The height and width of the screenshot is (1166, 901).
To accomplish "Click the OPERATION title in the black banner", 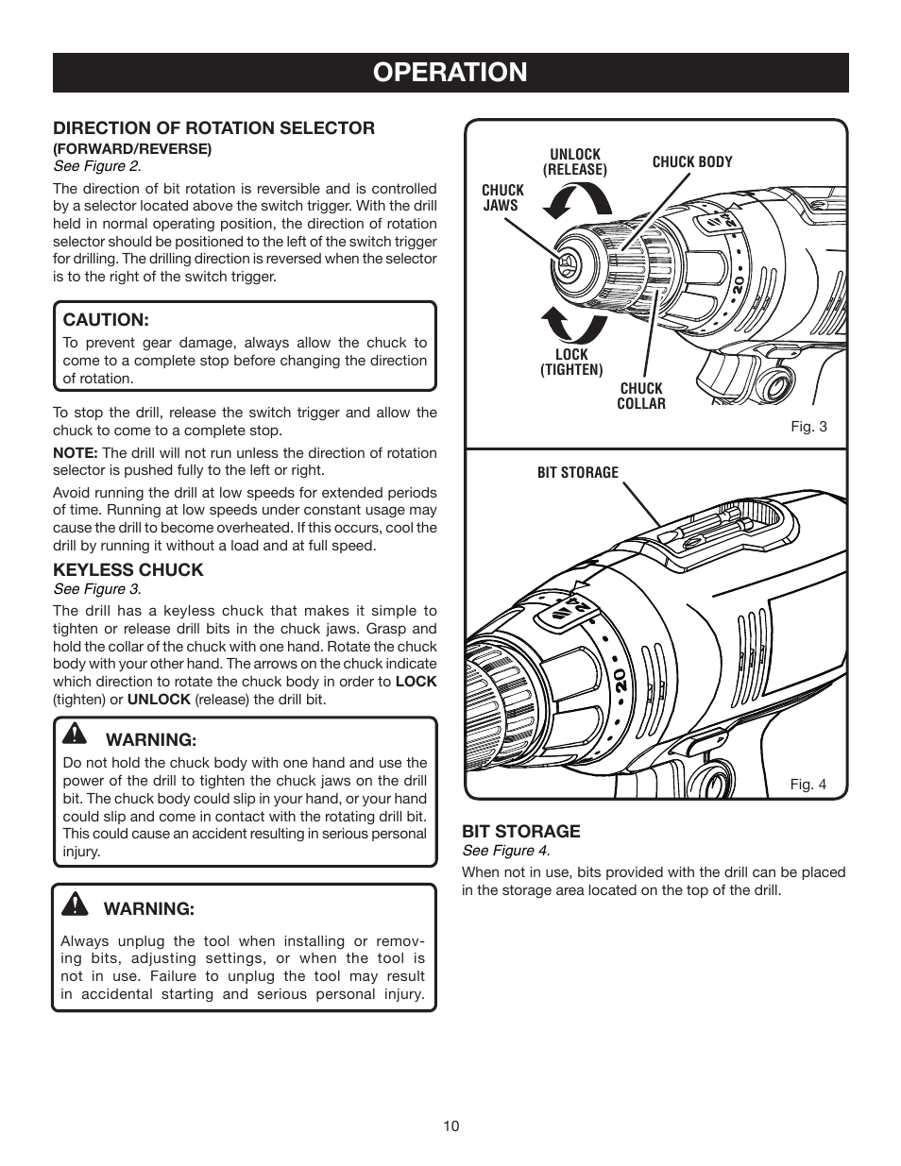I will (x=450, y=72).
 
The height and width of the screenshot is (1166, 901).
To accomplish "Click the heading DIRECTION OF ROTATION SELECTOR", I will (x=213, y=127).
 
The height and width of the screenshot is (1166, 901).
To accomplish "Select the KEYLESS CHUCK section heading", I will (x=127, y=569).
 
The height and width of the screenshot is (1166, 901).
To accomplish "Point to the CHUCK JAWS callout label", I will (x=501, y=197).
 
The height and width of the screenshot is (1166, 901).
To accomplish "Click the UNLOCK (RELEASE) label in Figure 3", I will (x=574, y=161).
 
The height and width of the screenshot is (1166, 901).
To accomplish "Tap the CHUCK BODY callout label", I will (x=692, y=161).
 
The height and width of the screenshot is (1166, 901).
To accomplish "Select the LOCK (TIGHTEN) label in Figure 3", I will (x=571, y=363).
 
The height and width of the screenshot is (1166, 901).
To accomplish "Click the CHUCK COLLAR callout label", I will (x=640, y=396).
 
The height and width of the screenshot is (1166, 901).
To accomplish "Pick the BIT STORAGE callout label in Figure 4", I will (x=577, y=472).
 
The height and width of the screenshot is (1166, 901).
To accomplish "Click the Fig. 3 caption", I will (x=808, y=427).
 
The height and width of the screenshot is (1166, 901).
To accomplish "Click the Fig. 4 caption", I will (x=808, y=785).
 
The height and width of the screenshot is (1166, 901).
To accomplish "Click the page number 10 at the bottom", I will (x=450, y=1125).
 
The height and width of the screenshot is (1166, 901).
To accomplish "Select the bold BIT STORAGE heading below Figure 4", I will (x=520, y=831).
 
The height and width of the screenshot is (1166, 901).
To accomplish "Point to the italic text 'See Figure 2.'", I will (x=96, y=166).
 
